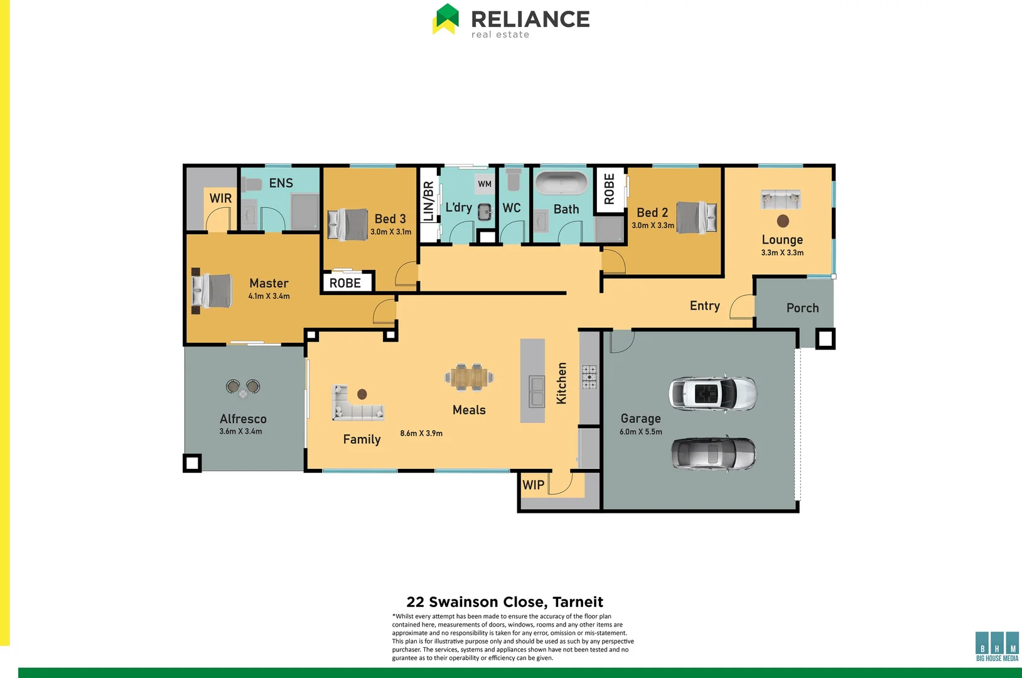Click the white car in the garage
pos(713,394)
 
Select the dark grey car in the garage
pos(713,453)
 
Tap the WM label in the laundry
pos(485,184)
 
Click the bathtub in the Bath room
pos(561,184)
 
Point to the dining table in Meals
pos(469,377)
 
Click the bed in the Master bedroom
pos(212,291)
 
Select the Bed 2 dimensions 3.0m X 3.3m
pos(653,225)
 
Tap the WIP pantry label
pos(534,485)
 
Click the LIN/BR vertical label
pos(429,202)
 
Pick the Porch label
pos(802,308)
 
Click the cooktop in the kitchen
pos(589,377)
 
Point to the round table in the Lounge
pos(783,221)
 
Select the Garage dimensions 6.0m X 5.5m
pos(640,432)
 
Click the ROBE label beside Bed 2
pos(609,189)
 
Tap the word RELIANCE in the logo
pos(530,19)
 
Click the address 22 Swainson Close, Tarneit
pos(505,602)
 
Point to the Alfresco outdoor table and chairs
pos(243,387)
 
